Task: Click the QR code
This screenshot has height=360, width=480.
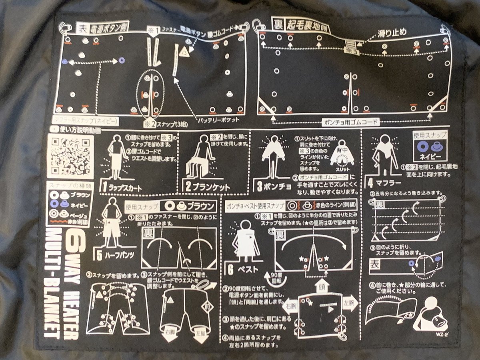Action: pyautogui.click(x=70, y=156)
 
